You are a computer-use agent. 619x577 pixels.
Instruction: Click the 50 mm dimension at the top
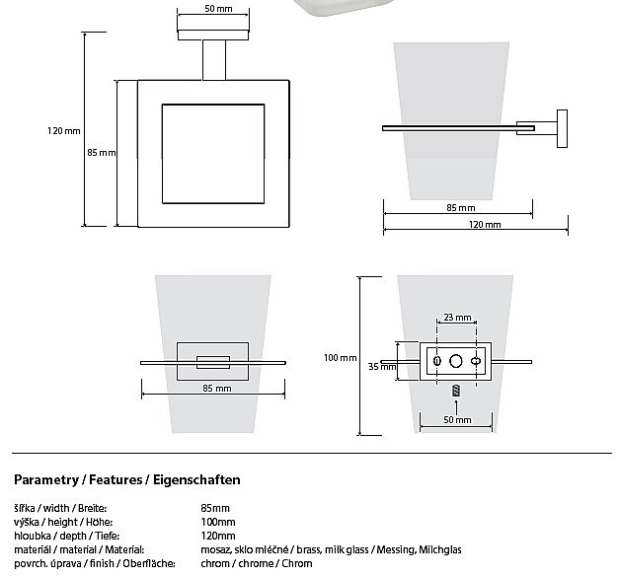pos(219,9)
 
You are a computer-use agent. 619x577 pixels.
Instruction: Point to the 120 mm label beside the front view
pos(63,130)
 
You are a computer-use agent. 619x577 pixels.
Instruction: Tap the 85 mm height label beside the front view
pos(102,153)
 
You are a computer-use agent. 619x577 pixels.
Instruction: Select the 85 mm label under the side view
pos(460,208)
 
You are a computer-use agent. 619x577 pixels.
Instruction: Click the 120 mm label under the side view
pos(486,225)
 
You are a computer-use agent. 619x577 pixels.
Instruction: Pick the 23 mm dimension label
pos(457,318)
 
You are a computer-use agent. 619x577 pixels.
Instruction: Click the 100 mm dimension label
pos(341,357)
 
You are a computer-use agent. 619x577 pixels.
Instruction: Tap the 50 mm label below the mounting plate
pos(457,420)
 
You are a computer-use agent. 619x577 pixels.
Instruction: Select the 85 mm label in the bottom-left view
pos(216,389)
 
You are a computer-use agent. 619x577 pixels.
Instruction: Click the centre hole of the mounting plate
pos(455,362)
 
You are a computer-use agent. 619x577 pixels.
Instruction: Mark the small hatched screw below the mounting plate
pos(456,391)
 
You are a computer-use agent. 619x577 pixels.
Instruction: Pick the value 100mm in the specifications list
pos(218,522)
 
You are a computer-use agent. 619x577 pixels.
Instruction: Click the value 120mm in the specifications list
pos(218,536)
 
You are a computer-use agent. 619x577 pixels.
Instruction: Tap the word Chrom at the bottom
pos(297,563)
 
